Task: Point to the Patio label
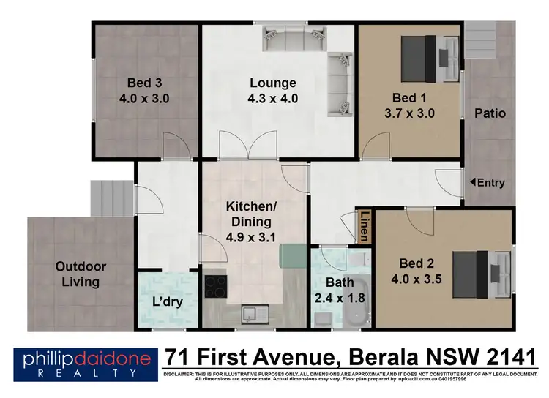(490, 113)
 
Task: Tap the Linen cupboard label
(364, 227)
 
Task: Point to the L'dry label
(167, 301)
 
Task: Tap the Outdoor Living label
(81, 274)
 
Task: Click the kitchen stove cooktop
(215, 285)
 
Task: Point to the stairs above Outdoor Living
(113, 198)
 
